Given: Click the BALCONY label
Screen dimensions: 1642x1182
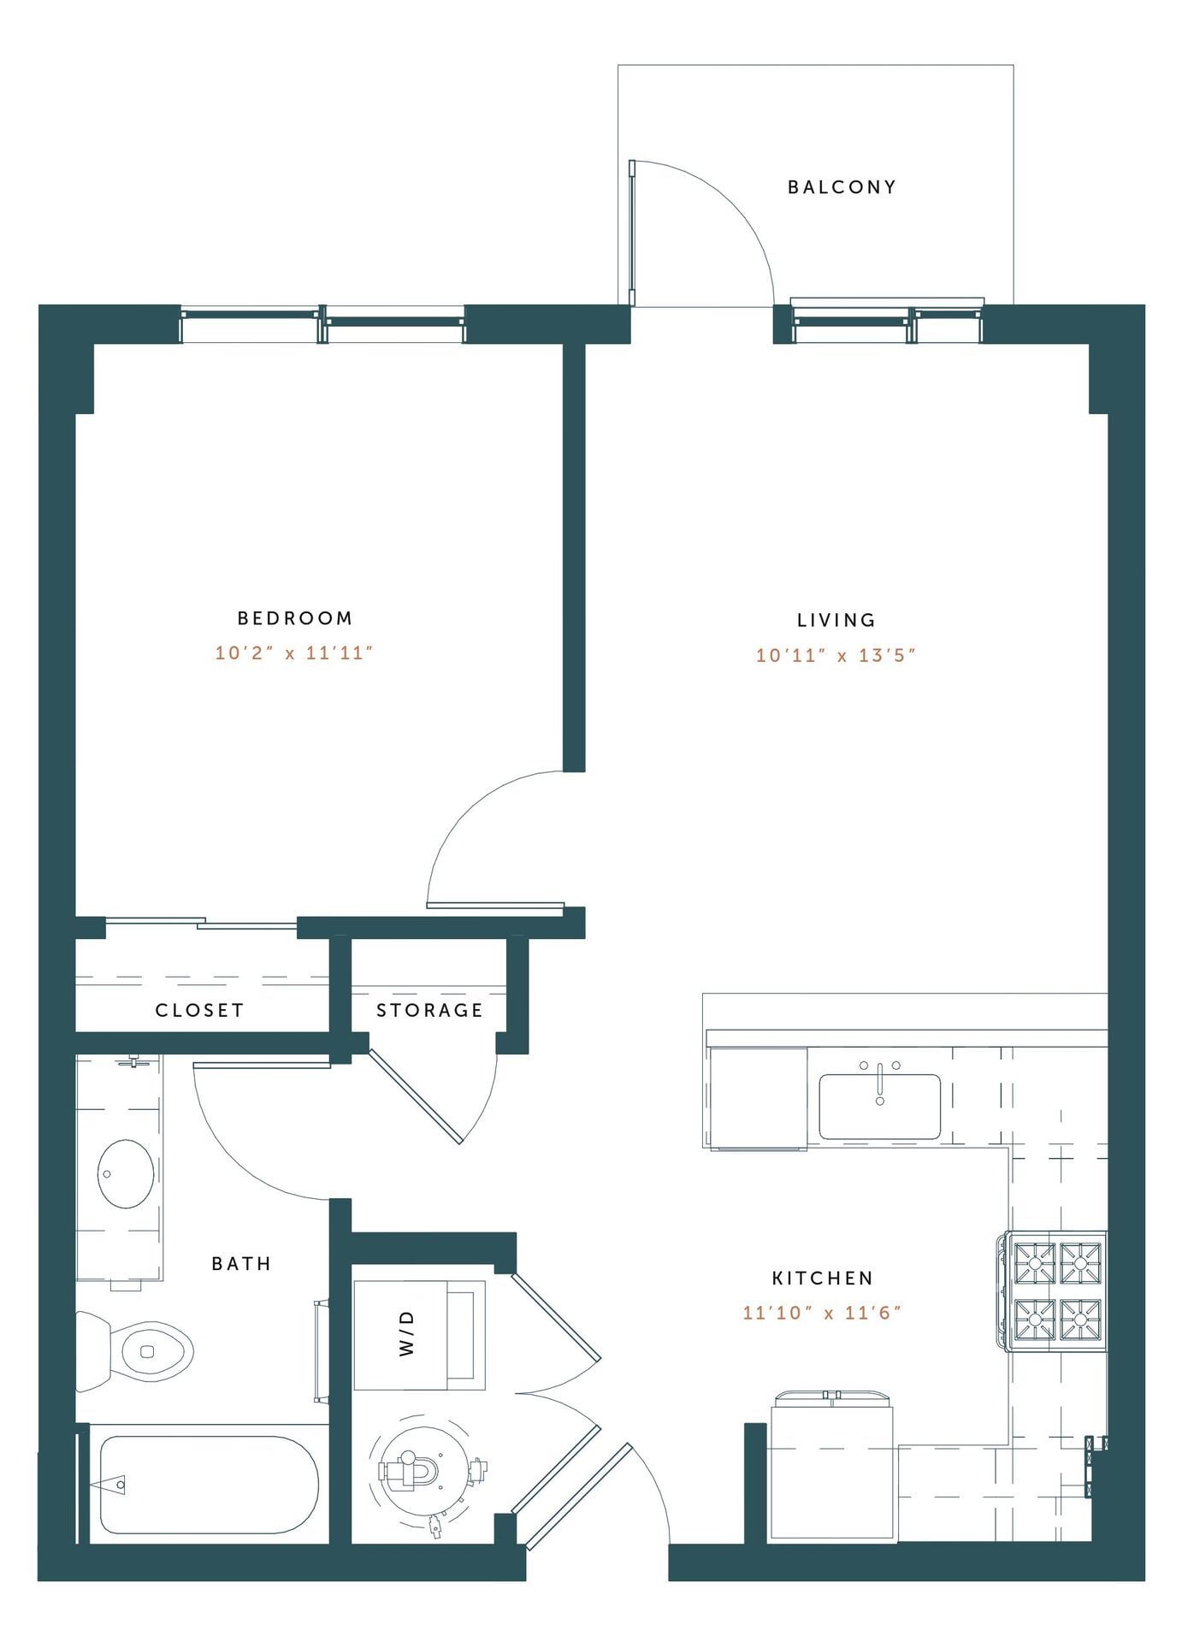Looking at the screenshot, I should pos(842,186).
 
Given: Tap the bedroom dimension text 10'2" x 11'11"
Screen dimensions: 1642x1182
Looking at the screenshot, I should pos(294,653).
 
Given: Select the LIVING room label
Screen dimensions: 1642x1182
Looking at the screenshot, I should pos(836,620).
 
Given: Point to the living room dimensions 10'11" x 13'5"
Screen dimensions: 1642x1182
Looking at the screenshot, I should pos(836,656).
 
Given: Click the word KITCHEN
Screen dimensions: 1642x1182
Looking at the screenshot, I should pos(822,1278).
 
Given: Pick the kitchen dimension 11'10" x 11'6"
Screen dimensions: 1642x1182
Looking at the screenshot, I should pos(822,1313).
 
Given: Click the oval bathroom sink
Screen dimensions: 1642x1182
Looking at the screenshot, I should pos(126,1173).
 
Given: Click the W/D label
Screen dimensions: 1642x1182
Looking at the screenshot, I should pos(407,1333).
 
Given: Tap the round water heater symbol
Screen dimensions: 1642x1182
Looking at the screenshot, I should pos(424,1472).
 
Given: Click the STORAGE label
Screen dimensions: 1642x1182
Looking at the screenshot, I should pos(429,1010).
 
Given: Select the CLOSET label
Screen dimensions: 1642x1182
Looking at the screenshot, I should pos(199,1010).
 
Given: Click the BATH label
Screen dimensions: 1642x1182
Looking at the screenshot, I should pos(241,1263).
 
